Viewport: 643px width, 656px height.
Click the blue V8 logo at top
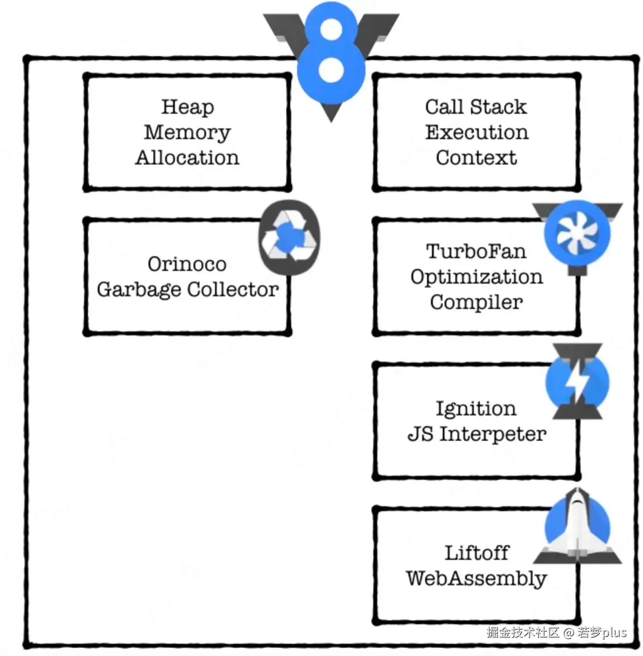click(x=331, y=59)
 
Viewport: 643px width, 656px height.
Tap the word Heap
click(x=188, y=107)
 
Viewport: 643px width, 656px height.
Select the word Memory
click(x=187, y=132)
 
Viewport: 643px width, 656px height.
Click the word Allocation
click(x=187, y=158)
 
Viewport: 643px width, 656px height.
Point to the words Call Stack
click(x=476, y=107)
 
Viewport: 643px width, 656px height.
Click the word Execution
click(x=476, y=132)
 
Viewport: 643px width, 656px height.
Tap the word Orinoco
click(x=187, y=264)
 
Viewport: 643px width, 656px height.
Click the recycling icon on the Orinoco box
click(x=289, y=237)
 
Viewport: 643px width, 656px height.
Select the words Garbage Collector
click(x=188, y=289)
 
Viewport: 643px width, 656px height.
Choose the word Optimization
click(x=476, y=277)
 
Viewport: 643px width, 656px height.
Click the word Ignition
click(x=476, y=409)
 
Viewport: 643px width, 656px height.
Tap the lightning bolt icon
click(x=578, y=382)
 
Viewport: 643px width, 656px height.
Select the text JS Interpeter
click(x=477, y=434)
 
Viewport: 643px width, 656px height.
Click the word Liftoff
click(x=476, y=553)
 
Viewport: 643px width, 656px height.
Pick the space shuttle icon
click(x=578, y=527)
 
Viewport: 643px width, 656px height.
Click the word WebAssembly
click(x=476, y=578)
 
